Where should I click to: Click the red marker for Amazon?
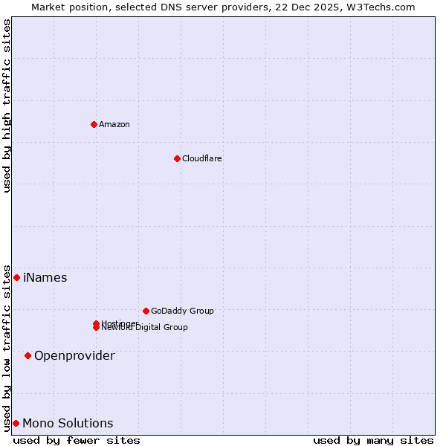tap(94, 124)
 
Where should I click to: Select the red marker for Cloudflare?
tap(177, 158)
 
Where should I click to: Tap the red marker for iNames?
tap(16, 277)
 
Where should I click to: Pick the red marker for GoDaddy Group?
tap(146, 311)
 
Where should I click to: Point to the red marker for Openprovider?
tap(28, 355)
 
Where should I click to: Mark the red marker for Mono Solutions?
tap(16, 423)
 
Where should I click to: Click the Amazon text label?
tap(114, 124)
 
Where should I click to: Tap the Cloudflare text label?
tap(202, 158)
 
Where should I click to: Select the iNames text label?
tap(45, 278)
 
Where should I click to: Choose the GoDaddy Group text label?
tap(182, 311)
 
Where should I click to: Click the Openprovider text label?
tap(74, 356)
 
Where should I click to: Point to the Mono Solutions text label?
tap(68, 424)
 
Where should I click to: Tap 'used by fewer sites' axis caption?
tap(77, 440)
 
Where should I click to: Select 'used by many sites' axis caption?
tap(373, 440)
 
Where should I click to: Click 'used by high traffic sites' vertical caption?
tap(7, 106)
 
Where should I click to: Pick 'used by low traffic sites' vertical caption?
tap(7, 347)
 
